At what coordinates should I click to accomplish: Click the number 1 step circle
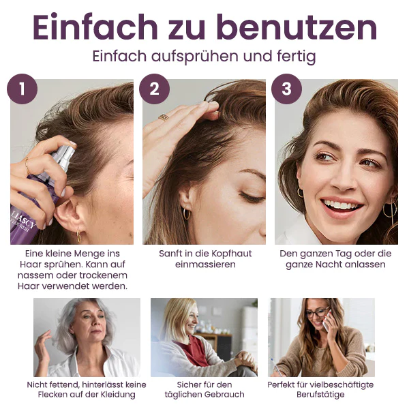[22, 89]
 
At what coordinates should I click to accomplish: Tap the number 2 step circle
[154, 89]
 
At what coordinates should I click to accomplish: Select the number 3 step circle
[286, 89]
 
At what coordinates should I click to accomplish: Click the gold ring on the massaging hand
[164, 117]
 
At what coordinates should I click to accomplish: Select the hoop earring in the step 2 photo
[186, 213]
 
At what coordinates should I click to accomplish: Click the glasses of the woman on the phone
[316, 313]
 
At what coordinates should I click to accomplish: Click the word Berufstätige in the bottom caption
[320, 395]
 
